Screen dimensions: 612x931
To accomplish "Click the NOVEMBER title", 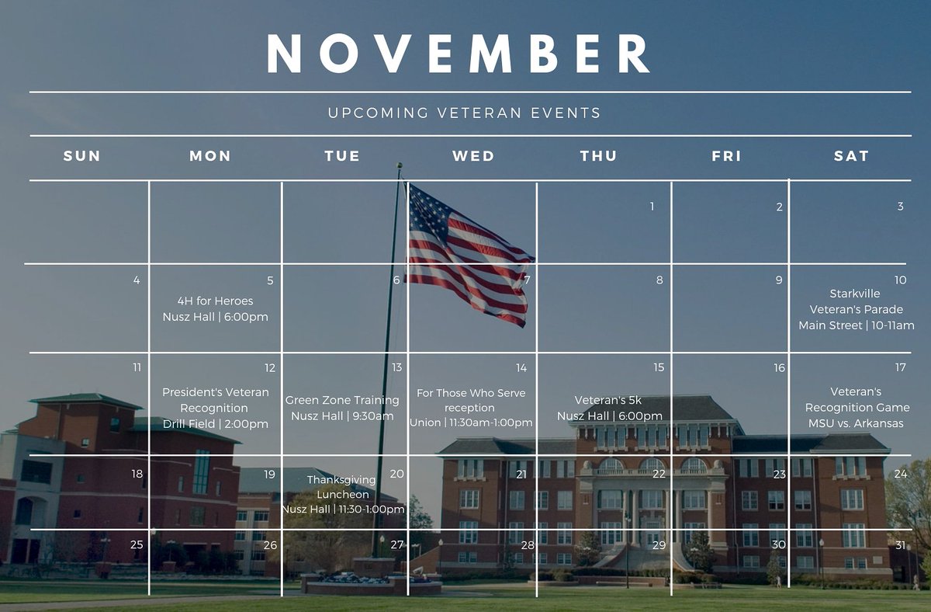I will coord(458,54).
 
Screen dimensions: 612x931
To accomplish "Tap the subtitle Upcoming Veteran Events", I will coord(464,113).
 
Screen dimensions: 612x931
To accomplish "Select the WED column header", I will coord(473,156).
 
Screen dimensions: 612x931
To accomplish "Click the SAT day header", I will coord(851,156).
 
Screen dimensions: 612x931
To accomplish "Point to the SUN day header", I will coord(82,156).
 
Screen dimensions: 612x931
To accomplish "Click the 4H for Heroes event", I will coord(215,308).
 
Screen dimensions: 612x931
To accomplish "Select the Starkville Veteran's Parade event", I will coord(856,309).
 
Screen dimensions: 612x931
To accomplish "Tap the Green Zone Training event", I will coord(342,408).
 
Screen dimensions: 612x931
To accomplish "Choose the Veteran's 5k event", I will coord(609,408).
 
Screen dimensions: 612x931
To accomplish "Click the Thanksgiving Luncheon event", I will coord(342,494).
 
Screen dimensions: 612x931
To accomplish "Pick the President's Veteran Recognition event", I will coord(215,408).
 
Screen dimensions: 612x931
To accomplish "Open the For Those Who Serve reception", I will coord(471,408).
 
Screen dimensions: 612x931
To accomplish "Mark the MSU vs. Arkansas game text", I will coord(856,423).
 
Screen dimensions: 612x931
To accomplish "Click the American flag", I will coord(468,252).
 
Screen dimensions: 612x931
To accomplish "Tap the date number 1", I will coord(652,207).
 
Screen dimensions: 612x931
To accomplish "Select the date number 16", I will coord(779,368).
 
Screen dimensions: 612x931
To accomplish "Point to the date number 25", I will coord(137,544).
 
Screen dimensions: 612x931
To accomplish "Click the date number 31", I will coord(900,545).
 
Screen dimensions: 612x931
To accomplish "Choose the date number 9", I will coord(779,280).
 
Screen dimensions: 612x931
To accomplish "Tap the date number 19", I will coord(269,475).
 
